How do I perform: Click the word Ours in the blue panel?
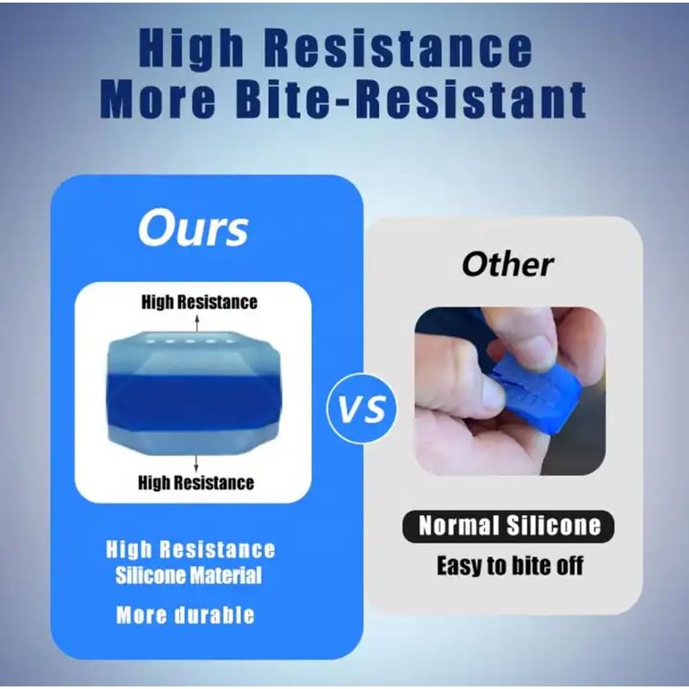193,228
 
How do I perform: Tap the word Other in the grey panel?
507,264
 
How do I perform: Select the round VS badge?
362,408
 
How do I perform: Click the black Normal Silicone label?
508,526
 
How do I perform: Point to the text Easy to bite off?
510,565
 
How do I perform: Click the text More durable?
185,615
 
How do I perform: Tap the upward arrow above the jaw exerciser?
197,324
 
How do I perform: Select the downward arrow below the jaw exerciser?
196,463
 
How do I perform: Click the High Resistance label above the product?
199,302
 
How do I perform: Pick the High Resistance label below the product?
196,482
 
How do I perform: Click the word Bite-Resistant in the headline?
411,99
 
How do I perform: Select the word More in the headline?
158,100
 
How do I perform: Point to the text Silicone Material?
189,575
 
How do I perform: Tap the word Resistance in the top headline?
399,48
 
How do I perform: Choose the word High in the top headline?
191,48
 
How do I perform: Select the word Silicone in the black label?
553,525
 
